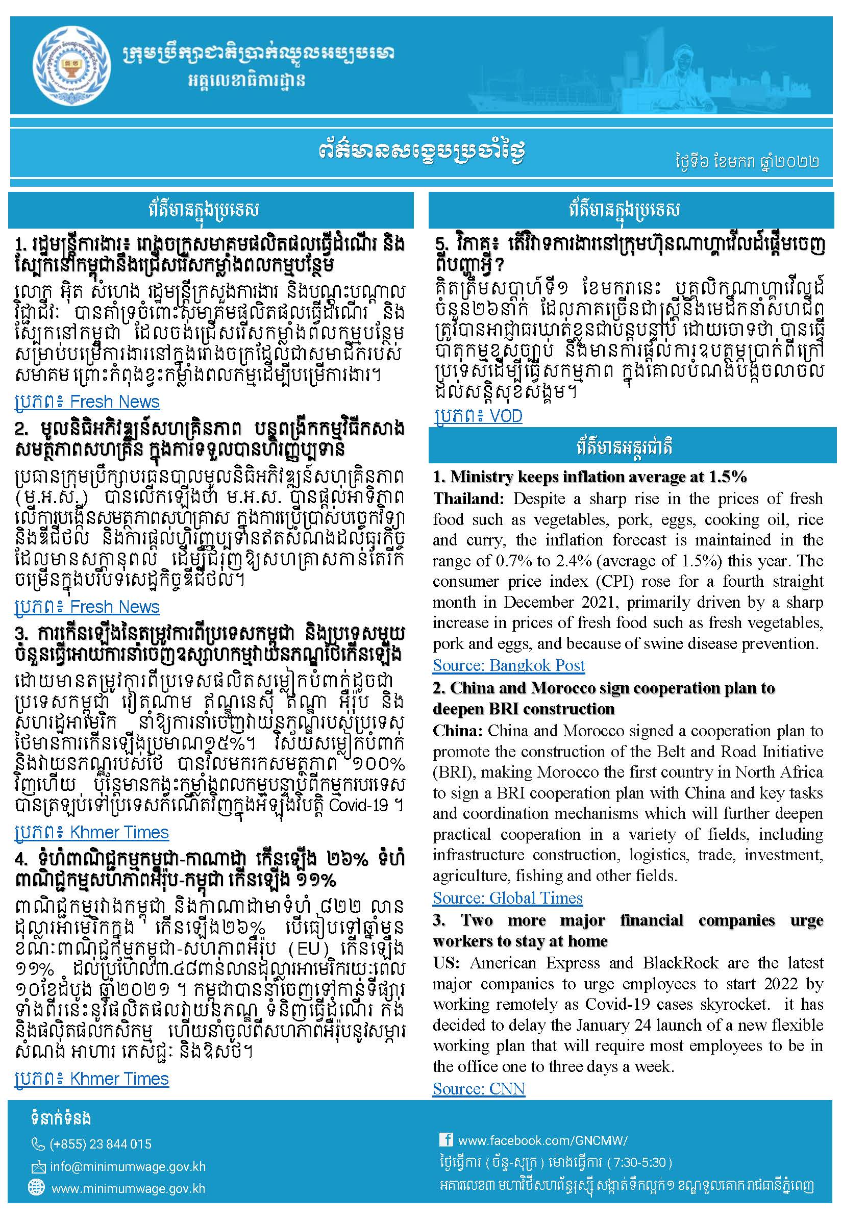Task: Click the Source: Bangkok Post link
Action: click(x=509, y=665)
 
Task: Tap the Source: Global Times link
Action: click(x=507, y=897)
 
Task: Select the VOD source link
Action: click(x=478, y=416)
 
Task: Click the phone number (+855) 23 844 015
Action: click(x=100, y=1144)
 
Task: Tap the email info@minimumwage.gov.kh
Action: click(x=127, y=1166)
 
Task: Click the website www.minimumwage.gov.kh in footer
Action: click(x=128, y=1189)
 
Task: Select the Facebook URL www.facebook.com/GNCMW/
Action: click(x=542, y=1140)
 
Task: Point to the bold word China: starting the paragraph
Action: click(x=457, y=731)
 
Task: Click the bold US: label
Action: click(x=446, y=962)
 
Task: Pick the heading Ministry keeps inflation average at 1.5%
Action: click(x=589, y=477)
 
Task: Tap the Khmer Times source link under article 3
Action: click(x=92, y=832)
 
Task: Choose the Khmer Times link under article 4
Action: click(x=92, y=1079)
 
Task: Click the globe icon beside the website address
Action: click(x=36, y=1187)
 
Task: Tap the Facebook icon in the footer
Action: click(x=446, y=1140)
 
